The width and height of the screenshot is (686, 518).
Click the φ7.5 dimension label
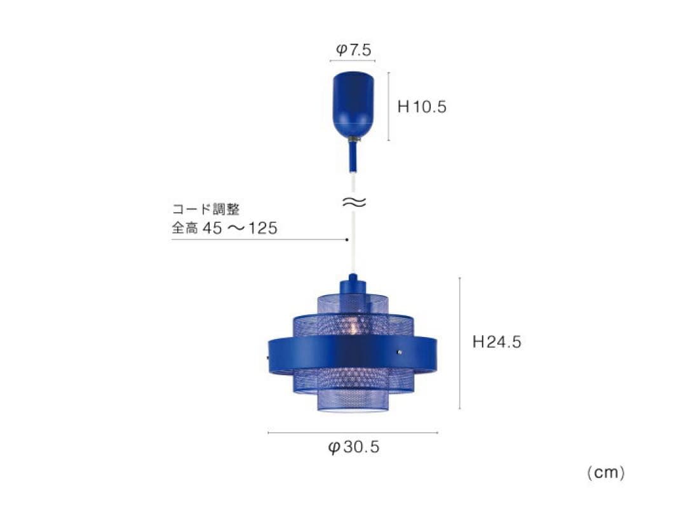pos(353,50)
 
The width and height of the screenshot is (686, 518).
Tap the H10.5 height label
pos(422,107)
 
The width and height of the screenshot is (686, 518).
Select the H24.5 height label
pos(497,342)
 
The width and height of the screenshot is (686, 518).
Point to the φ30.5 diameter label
pos(354,447)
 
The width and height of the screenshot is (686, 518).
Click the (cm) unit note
pos(606,472)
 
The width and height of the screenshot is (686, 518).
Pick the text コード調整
pos(206,209)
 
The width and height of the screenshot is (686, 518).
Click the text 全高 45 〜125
pos(224,228)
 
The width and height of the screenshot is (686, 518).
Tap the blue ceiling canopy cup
pos(354,104)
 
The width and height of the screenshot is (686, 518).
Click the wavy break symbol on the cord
pos(354,202)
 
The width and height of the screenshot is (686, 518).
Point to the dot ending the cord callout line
pos(347,239)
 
